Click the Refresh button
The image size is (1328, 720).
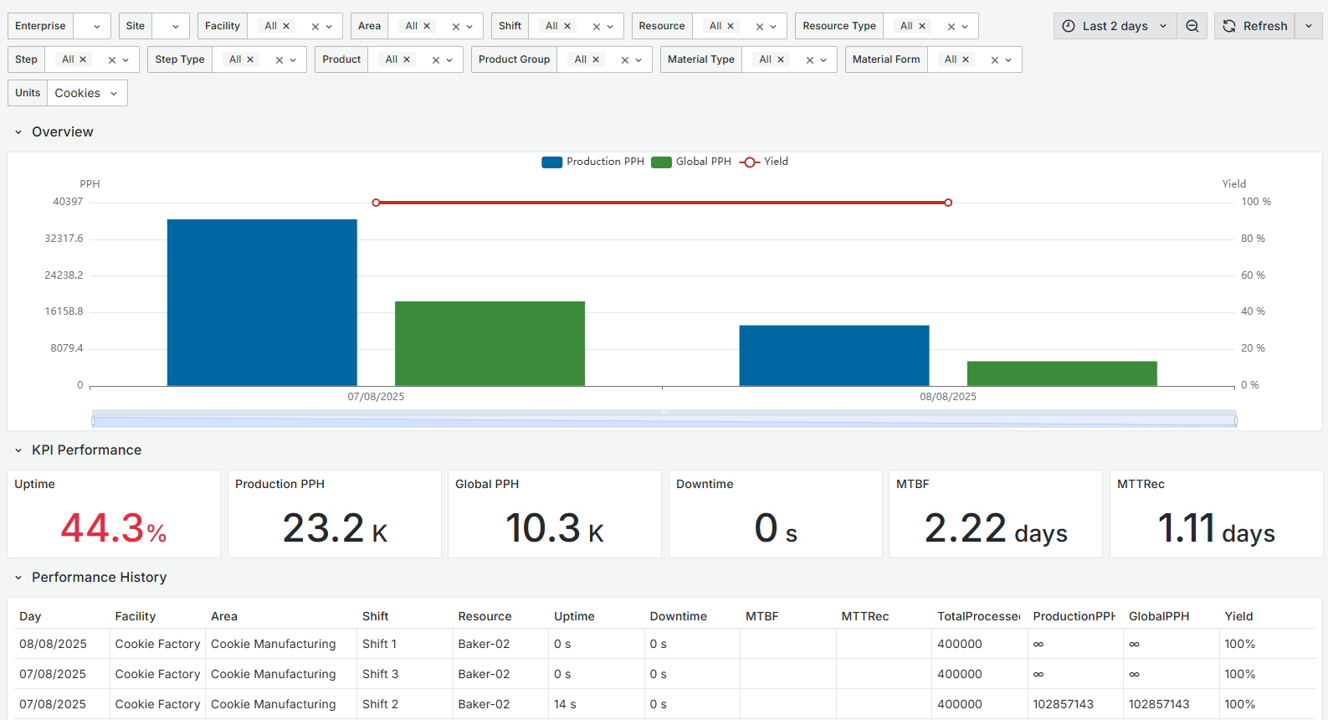coord(1255,26)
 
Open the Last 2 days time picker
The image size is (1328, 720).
coord(1115,26)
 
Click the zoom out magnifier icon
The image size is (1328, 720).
coord(1192,26)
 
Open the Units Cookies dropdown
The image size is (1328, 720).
coord(86,93)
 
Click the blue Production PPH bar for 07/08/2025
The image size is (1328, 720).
coord(262,302)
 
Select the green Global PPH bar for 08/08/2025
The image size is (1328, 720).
coord(1062,373)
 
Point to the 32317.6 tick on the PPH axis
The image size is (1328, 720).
coord(64,239)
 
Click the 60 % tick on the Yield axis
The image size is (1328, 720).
coord(1253,275)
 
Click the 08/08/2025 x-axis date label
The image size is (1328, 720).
coord(947,397)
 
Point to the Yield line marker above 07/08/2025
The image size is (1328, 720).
coord(376,203)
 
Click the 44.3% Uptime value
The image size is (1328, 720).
coord(114,528)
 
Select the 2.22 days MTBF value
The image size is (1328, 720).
coord(995,529)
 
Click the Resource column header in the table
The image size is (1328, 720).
coord(485,616)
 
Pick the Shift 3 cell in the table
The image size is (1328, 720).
coord(380,674)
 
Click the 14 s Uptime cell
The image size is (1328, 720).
coord(565,704)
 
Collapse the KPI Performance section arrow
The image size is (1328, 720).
coord(18,450)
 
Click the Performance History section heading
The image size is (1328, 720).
coord(99,578)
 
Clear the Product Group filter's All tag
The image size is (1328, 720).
coord(596,60)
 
